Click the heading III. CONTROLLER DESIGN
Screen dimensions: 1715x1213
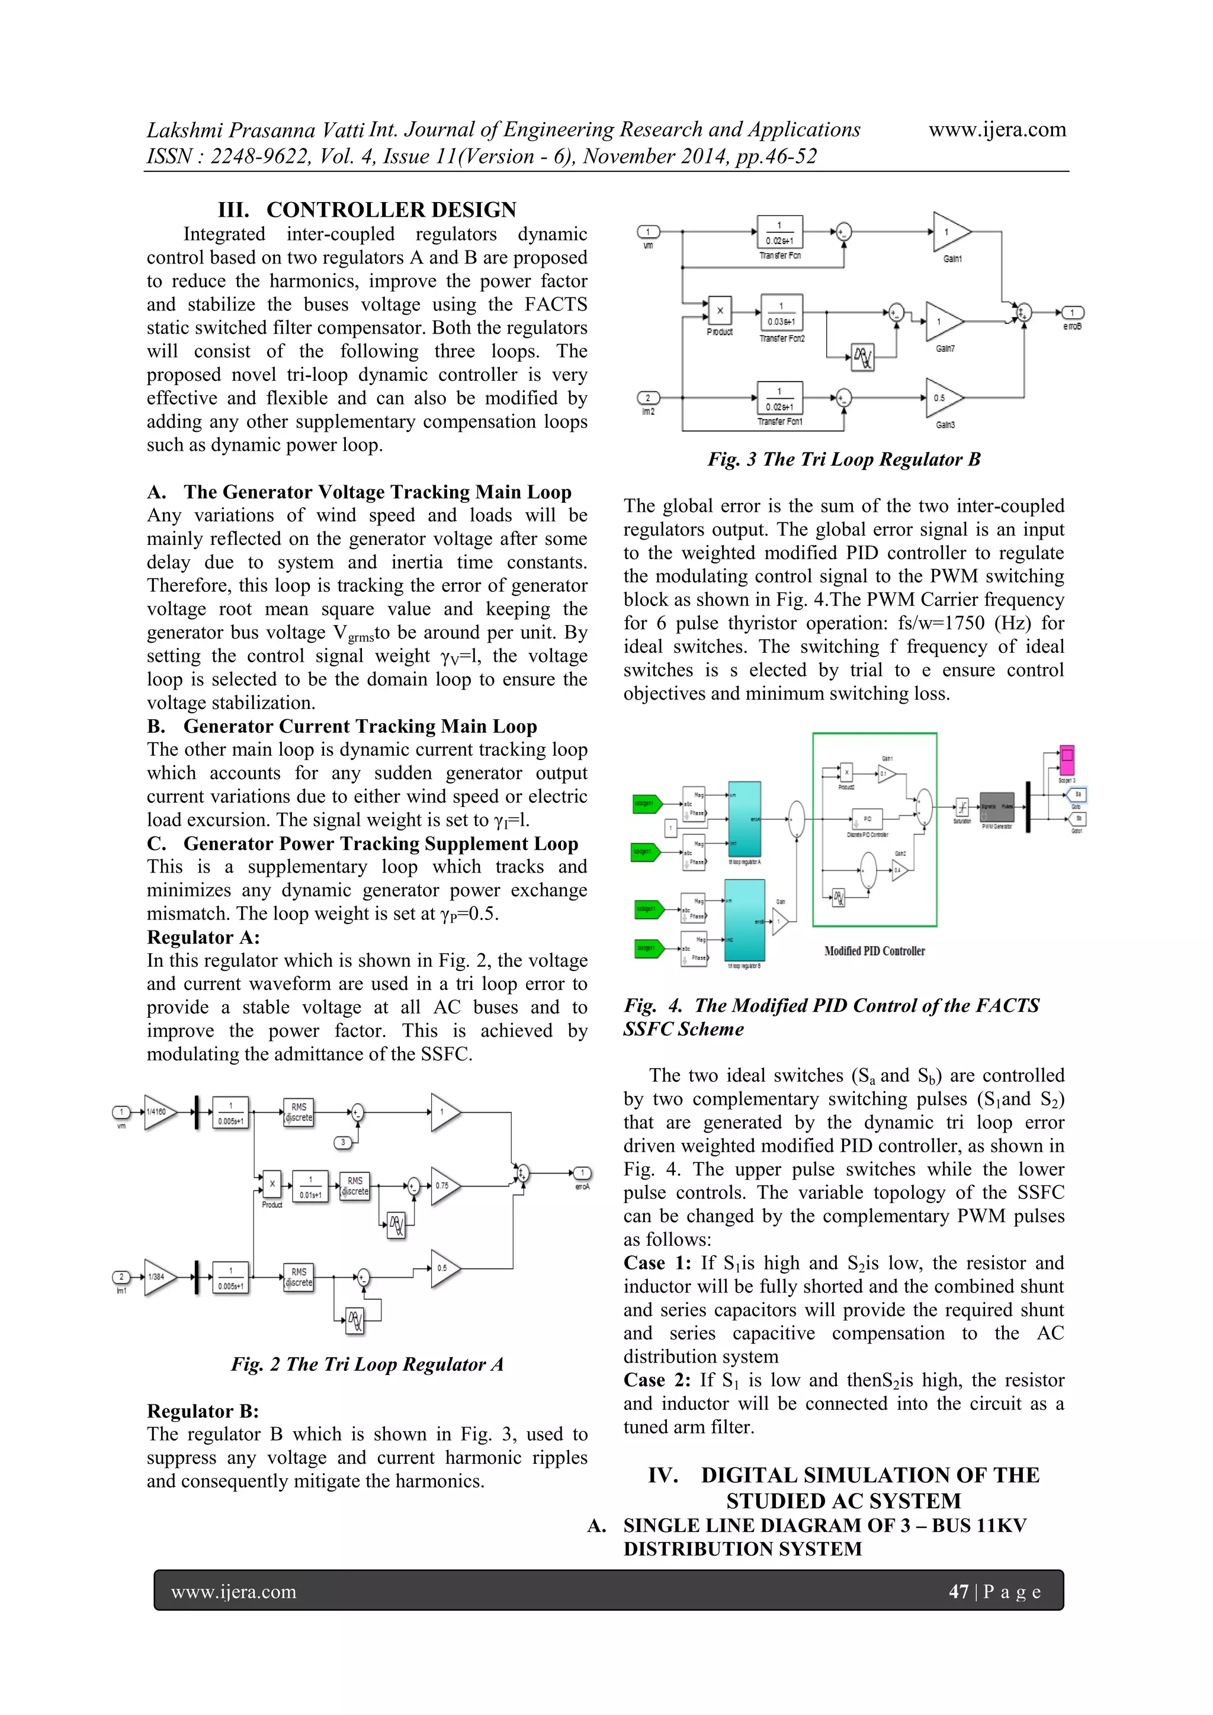pyautogui.click(x=367, y=210)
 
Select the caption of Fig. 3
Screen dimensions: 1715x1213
pyautogui.click(x=844, y=459)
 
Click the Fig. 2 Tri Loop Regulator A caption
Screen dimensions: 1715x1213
pyautogui.click(x=367, y=1365)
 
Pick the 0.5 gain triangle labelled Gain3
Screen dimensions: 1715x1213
pyautogui.click(x=942, y=398)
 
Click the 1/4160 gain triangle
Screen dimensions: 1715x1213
pyautogui.click(x=158, y=1112)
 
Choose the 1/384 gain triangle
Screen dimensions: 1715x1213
pyautogui.click(x=158, y=1277)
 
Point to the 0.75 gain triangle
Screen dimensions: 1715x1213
pyautogui.click(x=444, y=1185)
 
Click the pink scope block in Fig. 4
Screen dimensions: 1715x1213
pyautogui.click(x=1067, y=761)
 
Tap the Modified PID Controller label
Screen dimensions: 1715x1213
pyautogui.click(x=874, y=951)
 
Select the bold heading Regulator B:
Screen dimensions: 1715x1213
pyautogui.click(x=203, y=1411)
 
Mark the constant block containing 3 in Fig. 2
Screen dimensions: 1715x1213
pyautogui.click(x=344, y=1142)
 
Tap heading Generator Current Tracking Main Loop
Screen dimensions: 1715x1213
pyautogui.click(x=360, y=727)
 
